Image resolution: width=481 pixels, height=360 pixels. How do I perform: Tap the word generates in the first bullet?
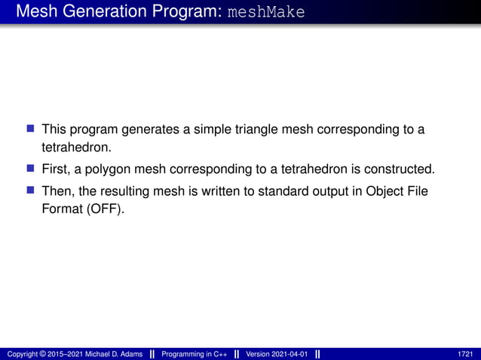tap(151, 130)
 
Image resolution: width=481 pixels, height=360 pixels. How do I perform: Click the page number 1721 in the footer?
tap(465, 353)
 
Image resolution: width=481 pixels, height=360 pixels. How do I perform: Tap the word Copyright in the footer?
tap(21, 353)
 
